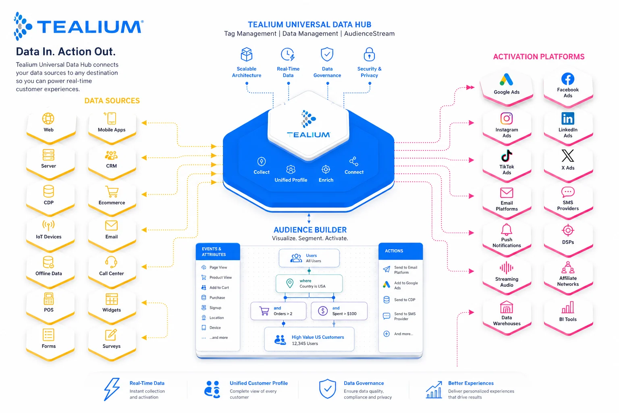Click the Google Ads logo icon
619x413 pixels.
tap(507, 79)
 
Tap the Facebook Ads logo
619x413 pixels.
tap(568, 79)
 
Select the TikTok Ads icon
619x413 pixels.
tap(507, 156)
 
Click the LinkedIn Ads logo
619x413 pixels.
tap(568, 119)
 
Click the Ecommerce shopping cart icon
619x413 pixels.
tap(112, 192)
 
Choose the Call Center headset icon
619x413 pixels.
tap(111, 262)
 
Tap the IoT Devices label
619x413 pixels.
tap(49, 237)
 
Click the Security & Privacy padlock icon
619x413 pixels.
tap(369, 54)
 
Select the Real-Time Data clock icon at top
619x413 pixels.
tap(288, 54)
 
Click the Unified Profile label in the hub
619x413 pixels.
tap(291, 180)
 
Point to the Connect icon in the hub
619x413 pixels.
tap(354, 162)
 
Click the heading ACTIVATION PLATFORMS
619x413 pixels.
tap(539, 57)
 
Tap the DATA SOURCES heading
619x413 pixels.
tap(112, 101)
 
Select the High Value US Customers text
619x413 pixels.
tap(318, 337)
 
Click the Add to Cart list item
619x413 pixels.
tap(219, 288)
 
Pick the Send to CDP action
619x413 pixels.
tap(404, 300)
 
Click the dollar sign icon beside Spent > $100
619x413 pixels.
tap(323, 311)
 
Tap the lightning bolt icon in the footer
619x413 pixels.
tap(112, 389)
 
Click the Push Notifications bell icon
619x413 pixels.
tap(507, 229)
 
